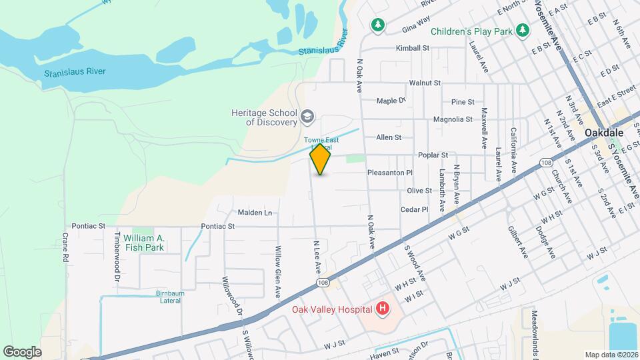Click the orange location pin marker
tap(321, 159)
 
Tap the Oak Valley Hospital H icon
tap(383, 308)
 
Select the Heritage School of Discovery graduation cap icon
tap(307, 117)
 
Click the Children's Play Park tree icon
tap(523, 30)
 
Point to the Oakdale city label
tap(604, 133)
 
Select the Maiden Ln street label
tap(255, 213)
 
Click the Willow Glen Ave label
tap(279, 272)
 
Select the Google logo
tap(22, 351)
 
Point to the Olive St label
tap(419, 191)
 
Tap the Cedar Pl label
tap(414, 209)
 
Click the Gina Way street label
tap(417, 26)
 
